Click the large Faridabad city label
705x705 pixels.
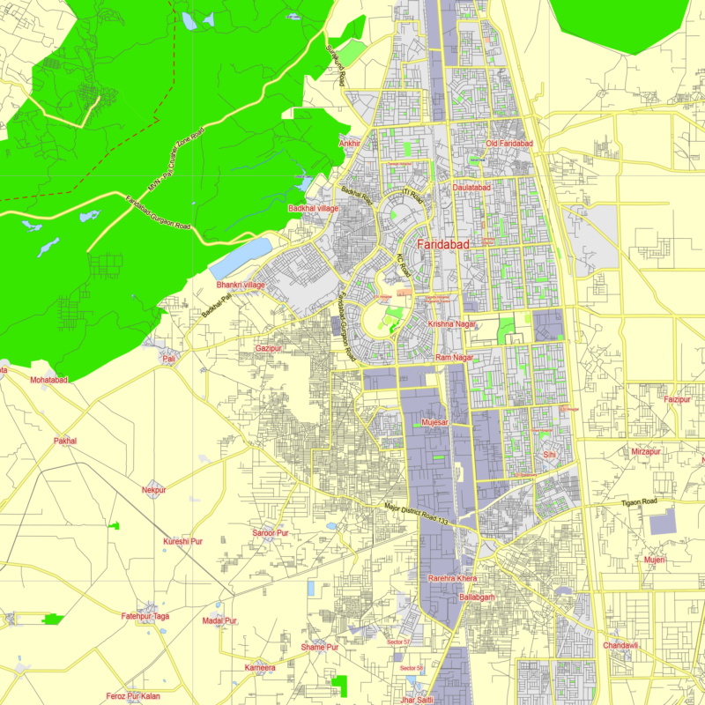(443, 244)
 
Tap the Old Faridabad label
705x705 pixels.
(510, 144)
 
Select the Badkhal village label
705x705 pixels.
(313, 208)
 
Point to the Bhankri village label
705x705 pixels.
(241, 286)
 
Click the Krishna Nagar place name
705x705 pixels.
(452, 324)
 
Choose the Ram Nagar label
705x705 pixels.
(455, 358)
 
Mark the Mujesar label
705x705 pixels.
(435, 423)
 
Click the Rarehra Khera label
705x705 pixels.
(452, 578)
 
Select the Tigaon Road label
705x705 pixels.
(640, 501)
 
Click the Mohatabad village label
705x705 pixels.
(48, 380)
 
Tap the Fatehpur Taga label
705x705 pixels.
(145, 616)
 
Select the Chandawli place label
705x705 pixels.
(620, 645)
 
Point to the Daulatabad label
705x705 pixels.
(471, 188)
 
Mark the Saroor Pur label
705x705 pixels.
(271, 533)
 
